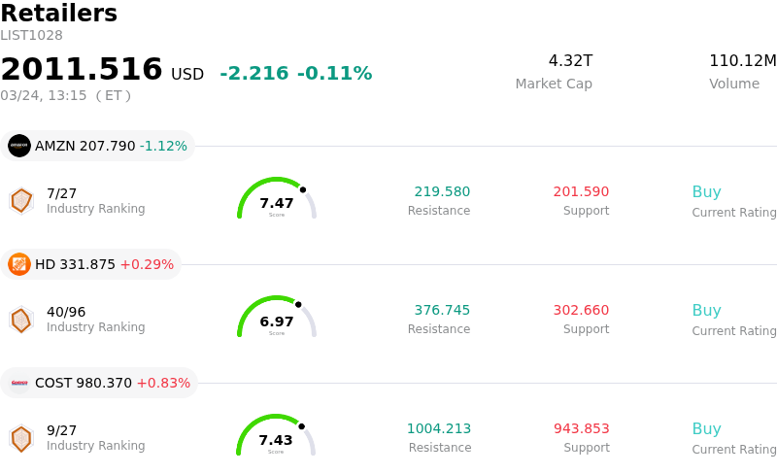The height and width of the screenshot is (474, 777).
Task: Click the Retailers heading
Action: [x=59, y=14]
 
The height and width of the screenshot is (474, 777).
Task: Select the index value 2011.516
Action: [x=82, y=70]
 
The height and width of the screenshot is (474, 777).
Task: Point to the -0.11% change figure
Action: [x=334, y=74]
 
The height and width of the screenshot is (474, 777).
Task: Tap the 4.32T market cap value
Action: [x=570, y=61]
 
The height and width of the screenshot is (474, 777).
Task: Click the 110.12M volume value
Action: [x=742, y=61]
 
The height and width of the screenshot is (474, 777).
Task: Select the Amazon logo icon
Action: [x=19, y=146]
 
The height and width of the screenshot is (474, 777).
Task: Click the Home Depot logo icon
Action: [x=19, y=264]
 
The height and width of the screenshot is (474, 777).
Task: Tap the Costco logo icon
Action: [x=19, y=383]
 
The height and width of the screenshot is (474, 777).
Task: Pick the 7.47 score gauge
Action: [x=277, y=199]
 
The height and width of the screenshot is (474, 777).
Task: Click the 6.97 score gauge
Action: [x=277, y=318]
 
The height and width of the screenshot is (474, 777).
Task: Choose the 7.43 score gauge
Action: [x=276, y=436]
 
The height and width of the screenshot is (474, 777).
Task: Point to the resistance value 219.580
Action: [x=442, y=192]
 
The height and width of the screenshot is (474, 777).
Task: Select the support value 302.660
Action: [x=581, y=311]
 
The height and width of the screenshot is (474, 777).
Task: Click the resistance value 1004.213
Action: [x=439, y=429]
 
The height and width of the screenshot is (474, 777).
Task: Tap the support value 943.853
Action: [x=581, y=429]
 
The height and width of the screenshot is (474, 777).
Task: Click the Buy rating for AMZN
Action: [x=706, y=192]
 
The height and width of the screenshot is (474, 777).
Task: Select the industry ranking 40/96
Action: [x=66, y=312]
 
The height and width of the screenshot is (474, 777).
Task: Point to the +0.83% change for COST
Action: [x=163, y=383]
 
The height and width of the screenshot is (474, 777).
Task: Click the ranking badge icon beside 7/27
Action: [x=21, y=200]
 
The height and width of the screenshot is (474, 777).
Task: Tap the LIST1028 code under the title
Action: [x=31, y=36]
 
